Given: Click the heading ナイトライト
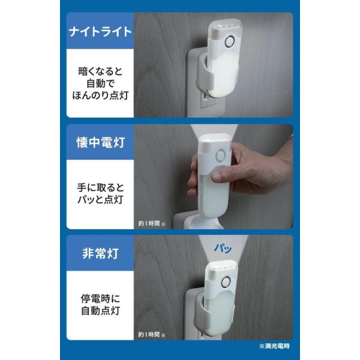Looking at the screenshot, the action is pos(100,32).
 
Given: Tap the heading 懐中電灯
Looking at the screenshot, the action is pos(100,143).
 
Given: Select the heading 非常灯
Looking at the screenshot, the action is pos(100,253).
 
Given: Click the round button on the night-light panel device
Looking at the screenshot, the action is pos(229,42).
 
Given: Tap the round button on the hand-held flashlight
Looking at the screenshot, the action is pos(221,155).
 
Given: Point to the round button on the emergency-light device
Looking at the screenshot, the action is pos(226,282).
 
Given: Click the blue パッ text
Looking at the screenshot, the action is pos(223,248).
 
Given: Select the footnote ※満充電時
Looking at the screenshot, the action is pos(274,346).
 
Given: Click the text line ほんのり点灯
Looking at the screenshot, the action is pos(100,95).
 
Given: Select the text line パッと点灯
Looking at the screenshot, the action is pos(100,200).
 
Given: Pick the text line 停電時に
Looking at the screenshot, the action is pos(100,299).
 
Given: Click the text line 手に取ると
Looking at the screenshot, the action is pos(100,188).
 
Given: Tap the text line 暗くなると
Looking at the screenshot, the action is pos(100,71).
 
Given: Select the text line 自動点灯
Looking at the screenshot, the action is pos(100,311).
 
